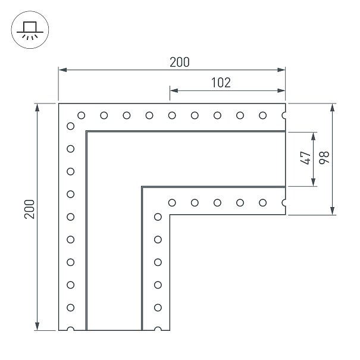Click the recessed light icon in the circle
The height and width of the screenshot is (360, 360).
click(30, 30)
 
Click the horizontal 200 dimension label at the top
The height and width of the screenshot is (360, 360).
click(180, 62)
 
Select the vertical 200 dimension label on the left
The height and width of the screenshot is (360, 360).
click(29, 209)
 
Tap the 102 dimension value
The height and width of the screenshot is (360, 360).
click(221, 83)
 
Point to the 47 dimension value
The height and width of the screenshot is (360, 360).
click(305, 158)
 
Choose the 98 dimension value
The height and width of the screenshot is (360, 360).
click(324, 158)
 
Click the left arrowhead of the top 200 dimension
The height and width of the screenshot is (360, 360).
click(62, 70)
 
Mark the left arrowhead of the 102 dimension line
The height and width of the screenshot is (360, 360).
click(174, 90)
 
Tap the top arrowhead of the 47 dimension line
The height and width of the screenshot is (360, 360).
click(314, 136)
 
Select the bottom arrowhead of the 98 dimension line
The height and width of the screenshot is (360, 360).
click(332, 211)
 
